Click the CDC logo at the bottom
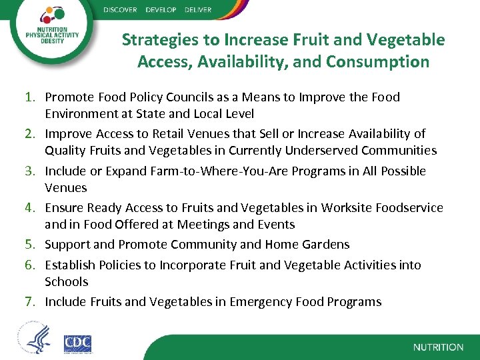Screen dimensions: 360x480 77,343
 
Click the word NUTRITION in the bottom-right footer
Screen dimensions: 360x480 438,347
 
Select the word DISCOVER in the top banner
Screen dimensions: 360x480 121,10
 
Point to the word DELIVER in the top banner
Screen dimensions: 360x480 195,10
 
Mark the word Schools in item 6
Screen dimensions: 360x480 66,281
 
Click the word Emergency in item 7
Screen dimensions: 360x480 258,302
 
